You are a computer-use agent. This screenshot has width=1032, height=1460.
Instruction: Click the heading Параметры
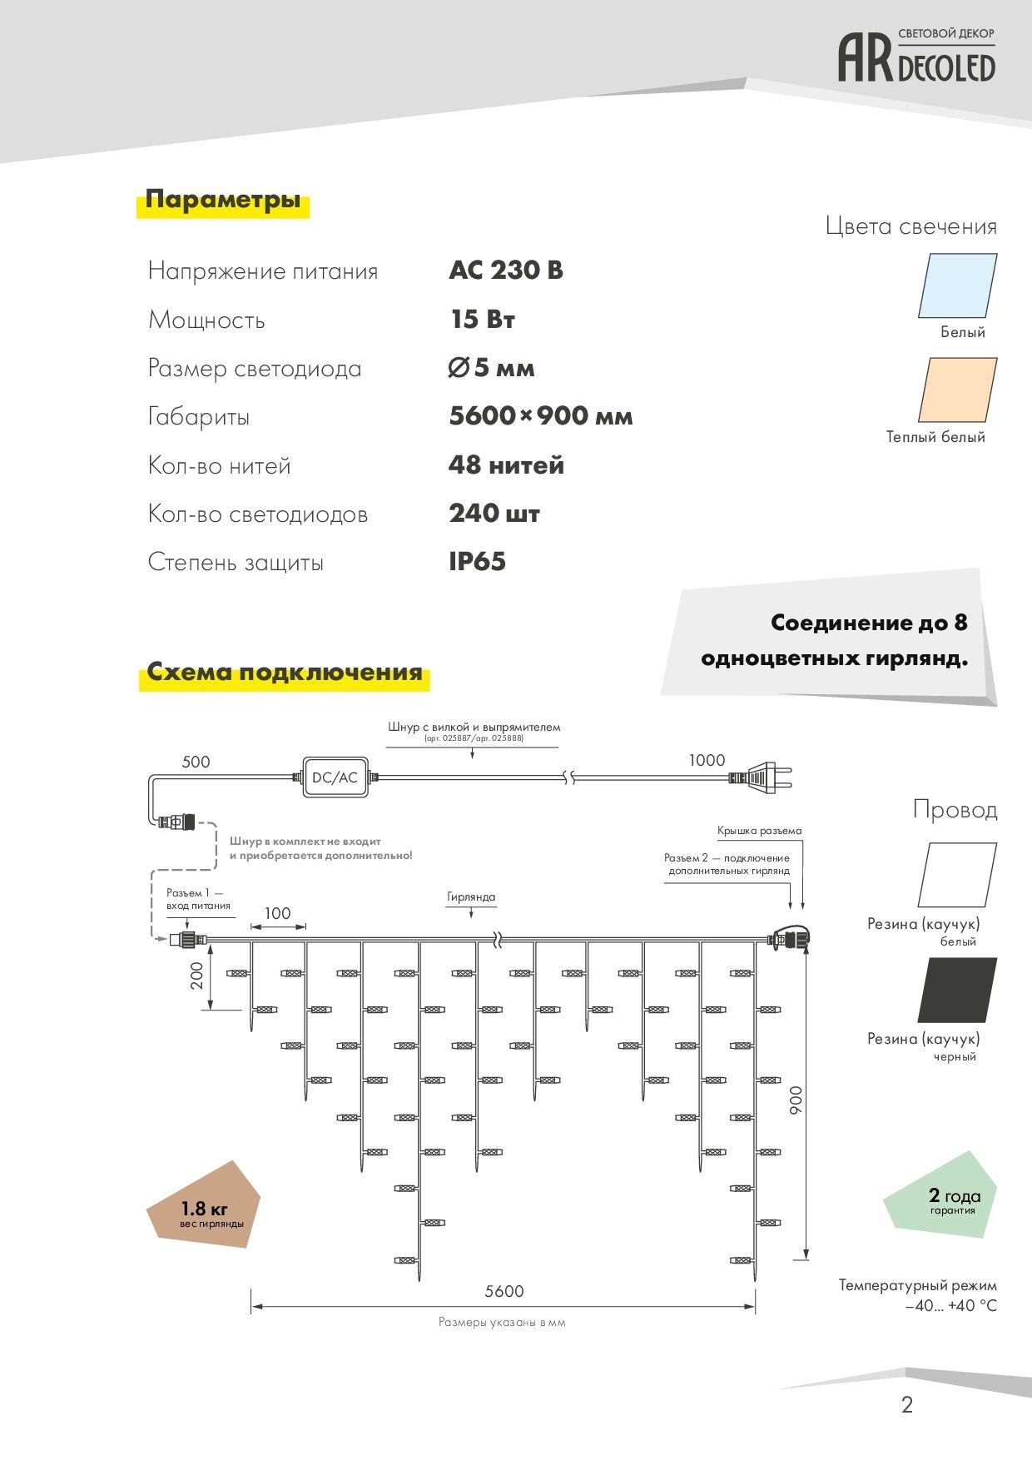[223, 200]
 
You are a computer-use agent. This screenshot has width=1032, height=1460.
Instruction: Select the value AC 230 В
[506, 271]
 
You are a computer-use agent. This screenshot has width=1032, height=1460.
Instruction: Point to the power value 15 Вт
[483, 320]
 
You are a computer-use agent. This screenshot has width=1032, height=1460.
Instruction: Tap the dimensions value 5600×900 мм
[541, 416]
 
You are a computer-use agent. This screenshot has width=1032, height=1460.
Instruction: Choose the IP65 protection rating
[478, 562]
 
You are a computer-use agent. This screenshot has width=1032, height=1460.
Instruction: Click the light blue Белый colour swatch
[957, 286]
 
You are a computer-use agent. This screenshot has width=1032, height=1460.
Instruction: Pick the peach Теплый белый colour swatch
[957, 390]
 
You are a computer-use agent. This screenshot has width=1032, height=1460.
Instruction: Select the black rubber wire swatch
[957, 990]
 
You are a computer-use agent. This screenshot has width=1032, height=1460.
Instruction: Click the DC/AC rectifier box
[335, 777]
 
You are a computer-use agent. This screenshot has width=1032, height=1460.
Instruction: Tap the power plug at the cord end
[759, 777]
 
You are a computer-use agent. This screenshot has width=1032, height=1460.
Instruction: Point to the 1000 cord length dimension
[707, 760]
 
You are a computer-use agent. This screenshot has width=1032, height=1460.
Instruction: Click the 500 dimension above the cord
[196, 762]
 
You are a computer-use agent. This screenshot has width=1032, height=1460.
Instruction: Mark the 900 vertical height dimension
[796, 1100]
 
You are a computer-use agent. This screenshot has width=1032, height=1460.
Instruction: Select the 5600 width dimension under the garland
[504, 1291]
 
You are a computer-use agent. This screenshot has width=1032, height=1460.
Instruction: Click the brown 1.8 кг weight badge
[204, 1206]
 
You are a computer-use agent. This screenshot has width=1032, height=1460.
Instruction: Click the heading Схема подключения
[285, 672]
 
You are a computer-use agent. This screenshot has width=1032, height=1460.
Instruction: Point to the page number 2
[907, 1405]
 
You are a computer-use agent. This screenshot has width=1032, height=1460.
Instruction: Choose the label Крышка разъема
[759, 831]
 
